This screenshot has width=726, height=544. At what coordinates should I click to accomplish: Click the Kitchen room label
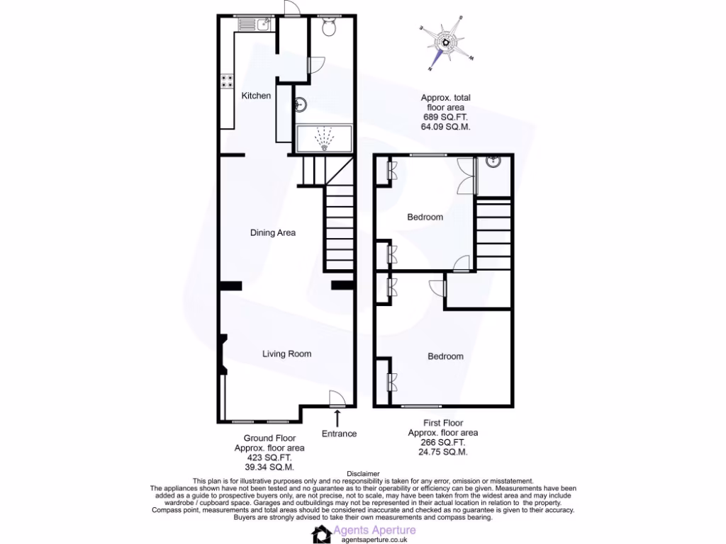coord(256,96)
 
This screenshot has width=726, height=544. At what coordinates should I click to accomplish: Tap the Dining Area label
coord(272,232)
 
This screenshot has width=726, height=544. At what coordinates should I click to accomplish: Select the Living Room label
coord(286,354)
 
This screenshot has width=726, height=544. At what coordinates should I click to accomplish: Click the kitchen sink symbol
coord(256,26)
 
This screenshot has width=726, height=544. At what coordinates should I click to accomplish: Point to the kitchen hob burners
coord(228,81)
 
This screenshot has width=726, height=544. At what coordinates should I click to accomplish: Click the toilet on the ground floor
coord(329,28)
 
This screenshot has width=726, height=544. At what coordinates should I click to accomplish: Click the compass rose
coord(445,42)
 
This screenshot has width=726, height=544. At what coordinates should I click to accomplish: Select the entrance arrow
coord(337,417)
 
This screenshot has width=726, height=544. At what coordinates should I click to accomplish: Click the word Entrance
coord(339,433)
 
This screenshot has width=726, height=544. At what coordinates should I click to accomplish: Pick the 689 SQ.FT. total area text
coord(445,117)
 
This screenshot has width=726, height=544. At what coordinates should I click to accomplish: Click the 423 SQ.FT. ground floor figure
coord(269,458)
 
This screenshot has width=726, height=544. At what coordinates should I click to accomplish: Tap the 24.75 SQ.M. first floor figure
coord(443,451)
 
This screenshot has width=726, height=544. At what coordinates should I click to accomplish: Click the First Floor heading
coord(443,423)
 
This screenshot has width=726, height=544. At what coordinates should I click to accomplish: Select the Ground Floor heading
coord(269,438)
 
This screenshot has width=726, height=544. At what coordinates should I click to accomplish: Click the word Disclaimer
coord(363,473)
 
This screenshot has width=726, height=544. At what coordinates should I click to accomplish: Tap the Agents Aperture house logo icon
coord(323,534)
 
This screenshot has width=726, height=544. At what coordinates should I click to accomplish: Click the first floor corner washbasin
coord(492,161)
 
